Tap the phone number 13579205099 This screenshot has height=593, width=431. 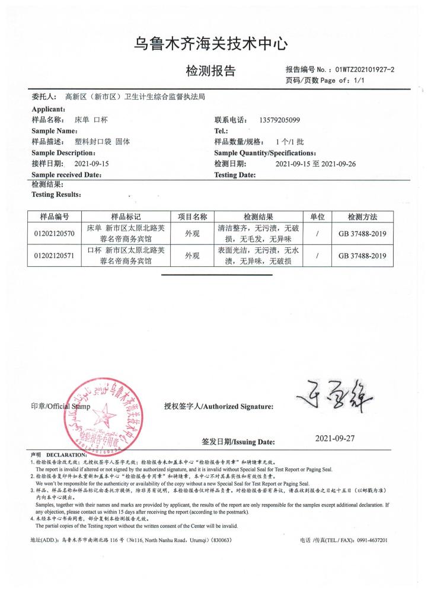pyautogui.click(x=280, y=120)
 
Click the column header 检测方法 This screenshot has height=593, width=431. pyautogui.click(x=362, y=217)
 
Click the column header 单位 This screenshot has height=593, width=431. pyautogui.click(x=318, y=217)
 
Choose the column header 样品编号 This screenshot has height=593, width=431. pyautogui.click(x=55, y=217)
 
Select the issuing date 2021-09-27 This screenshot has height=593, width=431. pyautogui.click(x=334, y=439)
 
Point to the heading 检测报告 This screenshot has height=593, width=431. pyautogui.click(x=210, y=71)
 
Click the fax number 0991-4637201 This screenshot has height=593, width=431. pyautogui.click(x=368, y=541)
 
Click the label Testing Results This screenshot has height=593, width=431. pyautogui.click(x=56, y=195)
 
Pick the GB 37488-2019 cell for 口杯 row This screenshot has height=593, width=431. pyautogui.click(x=362, y=256)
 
